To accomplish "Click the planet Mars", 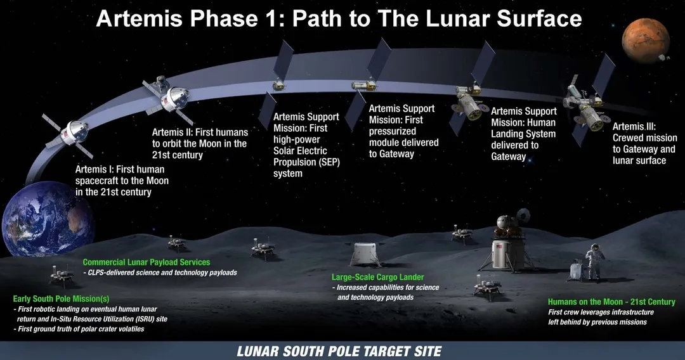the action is [646, 40].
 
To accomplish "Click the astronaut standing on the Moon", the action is [594, 261].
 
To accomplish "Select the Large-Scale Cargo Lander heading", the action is [377, 276].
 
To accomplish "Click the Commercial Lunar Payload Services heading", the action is [147, 262].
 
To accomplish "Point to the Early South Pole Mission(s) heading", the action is [61, 299].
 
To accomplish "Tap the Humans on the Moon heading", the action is [611, 302].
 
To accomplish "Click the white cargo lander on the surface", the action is [365, 254].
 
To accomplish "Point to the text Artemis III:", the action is [634, 127].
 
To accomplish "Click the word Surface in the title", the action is [540, 19].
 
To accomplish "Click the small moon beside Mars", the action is [663, 57].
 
